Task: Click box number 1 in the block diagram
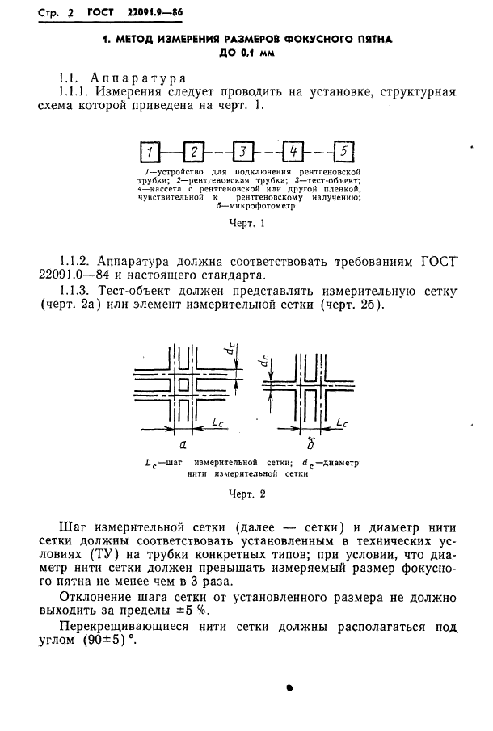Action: (x=149, y=152)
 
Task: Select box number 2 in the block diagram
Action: (x=195, y=151)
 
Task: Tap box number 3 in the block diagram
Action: (x=243, y=151)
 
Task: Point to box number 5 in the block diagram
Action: (x=343, y=151)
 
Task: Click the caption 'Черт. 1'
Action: (x=247, y=223)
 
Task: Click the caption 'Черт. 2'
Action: (x=247, y=494)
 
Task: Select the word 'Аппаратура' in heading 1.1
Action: (x=139, y=78)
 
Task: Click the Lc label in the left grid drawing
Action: (x=218, y=423)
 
